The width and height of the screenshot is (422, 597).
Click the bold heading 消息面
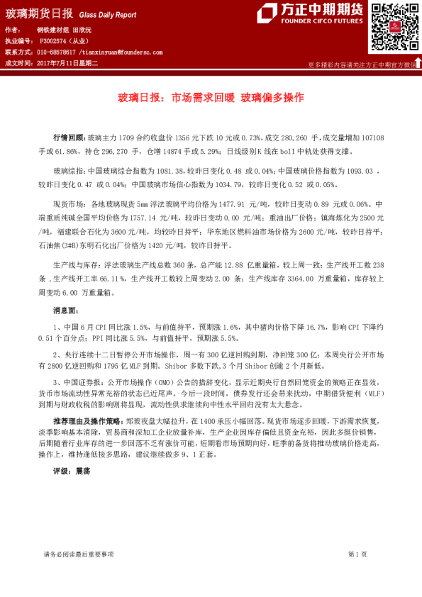click(x=67, y=311)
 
